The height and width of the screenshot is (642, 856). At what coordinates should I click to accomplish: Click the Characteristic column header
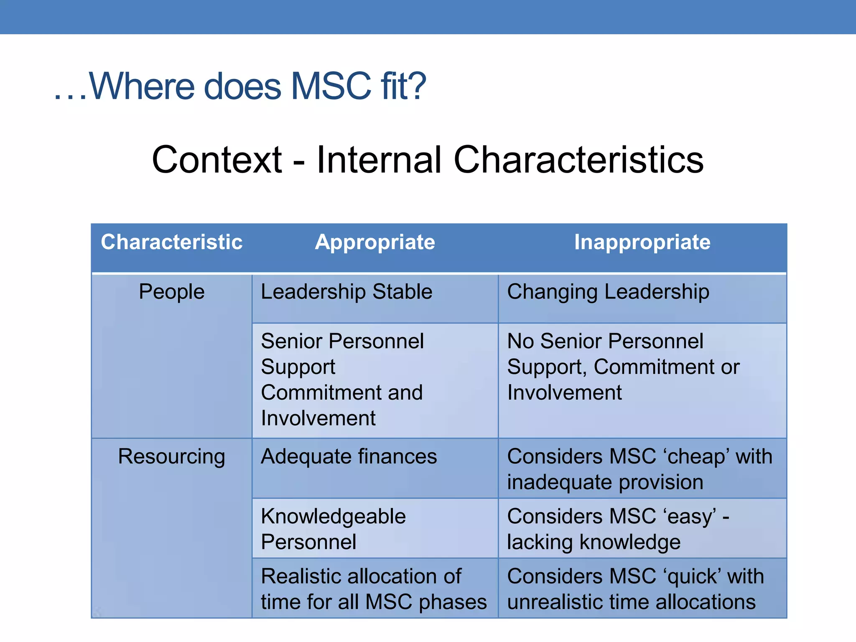pos(171,242)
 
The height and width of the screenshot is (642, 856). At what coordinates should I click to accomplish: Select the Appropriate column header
pos(375,242)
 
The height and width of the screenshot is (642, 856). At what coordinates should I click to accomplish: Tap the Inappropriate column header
pos(642,242)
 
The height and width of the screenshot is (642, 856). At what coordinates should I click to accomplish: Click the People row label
pos(171,291)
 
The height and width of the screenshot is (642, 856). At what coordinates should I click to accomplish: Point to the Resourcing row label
pos(171,456)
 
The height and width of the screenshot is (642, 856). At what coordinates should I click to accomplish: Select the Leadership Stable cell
pos(346,291)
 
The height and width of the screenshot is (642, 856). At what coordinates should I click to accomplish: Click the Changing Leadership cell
pos(608,291)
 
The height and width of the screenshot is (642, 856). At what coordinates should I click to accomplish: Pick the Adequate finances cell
pos(349,456)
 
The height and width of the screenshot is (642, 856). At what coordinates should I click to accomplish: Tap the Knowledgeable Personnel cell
pos(333,529)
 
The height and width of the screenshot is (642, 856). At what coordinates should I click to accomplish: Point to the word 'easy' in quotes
pos(690,517)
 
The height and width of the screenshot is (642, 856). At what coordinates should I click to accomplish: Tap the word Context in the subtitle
pos(217,160)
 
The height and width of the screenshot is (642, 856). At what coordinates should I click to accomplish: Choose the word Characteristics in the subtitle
pos(578,160)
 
